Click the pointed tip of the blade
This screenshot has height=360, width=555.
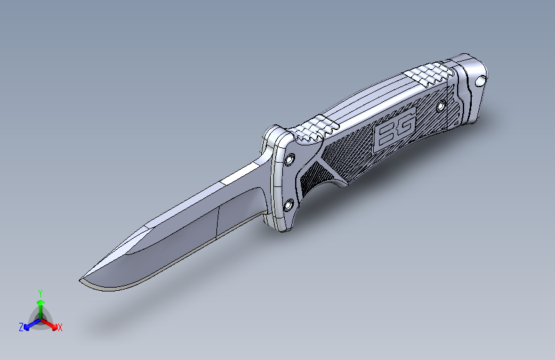pos(80,281)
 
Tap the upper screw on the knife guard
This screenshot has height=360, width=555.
pos(290,160)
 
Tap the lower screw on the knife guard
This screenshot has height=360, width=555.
pos(289,205)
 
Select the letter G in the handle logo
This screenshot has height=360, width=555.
pos(405,125)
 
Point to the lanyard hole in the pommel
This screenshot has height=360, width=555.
pos(480,81)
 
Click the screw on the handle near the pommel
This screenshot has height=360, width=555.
pos(441,106)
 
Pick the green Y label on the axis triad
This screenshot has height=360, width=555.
pos(40,293)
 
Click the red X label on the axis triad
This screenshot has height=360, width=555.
pos(60,328)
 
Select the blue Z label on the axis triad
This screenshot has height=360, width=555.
pos(21,327)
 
